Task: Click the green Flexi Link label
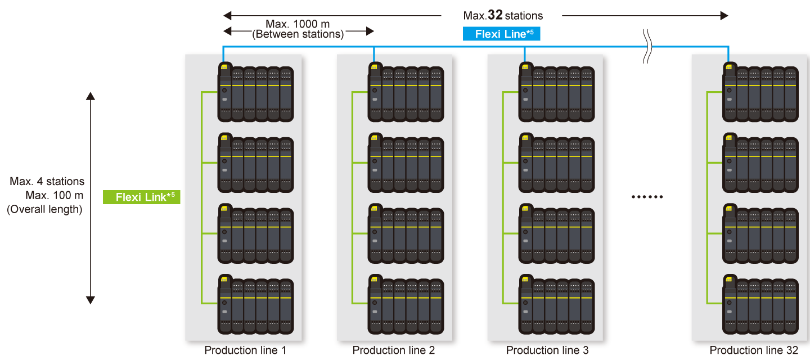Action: (141, 197)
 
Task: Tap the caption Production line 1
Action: (245, 350)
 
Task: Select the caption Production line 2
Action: (394, 350)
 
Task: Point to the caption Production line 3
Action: (547, 350)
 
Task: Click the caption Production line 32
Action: (754, 350)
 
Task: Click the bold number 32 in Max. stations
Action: (495, 15)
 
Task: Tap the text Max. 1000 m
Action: (298, 24)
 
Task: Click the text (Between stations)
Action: (298, 34)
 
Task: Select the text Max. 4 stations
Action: (47, 182)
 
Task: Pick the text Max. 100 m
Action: (55, 196)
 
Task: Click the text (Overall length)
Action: (44, 210)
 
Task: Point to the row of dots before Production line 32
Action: (647, 197)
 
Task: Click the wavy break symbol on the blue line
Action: (647, 47)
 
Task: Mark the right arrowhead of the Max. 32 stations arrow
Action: (724, 16)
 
